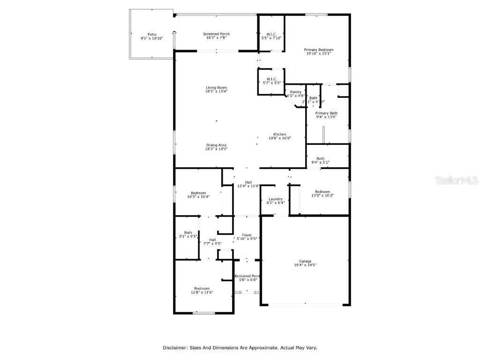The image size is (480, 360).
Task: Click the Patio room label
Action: pos(151,36)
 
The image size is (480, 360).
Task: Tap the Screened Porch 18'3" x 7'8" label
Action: pos(216,36)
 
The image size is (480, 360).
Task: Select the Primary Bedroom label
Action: pos(318,52)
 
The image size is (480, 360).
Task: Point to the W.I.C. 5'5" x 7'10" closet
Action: pos(271,36)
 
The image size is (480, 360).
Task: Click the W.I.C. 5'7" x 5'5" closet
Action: pos(271,81)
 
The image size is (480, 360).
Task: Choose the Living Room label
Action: pos(216,90)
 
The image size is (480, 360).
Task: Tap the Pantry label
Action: pos(295,94)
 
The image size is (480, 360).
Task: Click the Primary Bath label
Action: pos(326,115)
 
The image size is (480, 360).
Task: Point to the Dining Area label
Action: pos(216,147)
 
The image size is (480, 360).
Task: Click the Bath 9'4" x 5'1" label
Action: pos(320,160)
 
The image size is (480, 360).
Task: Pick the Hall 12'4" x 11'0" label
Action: pos(248,184)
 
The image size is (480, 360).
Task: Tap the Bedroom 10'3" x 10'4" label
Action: pos(198,195)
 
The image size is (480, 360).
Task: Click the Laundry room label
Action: pos(275,201)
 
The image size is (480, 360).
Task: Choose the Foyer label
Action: pos(247,237)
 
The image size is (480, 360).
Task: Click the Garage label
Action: pos(305,263)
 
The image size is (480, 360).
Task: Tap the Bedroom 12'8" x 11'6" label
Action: pos(202,290)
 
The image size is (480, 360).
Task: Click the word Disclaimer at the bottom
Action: pos(175,348)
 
